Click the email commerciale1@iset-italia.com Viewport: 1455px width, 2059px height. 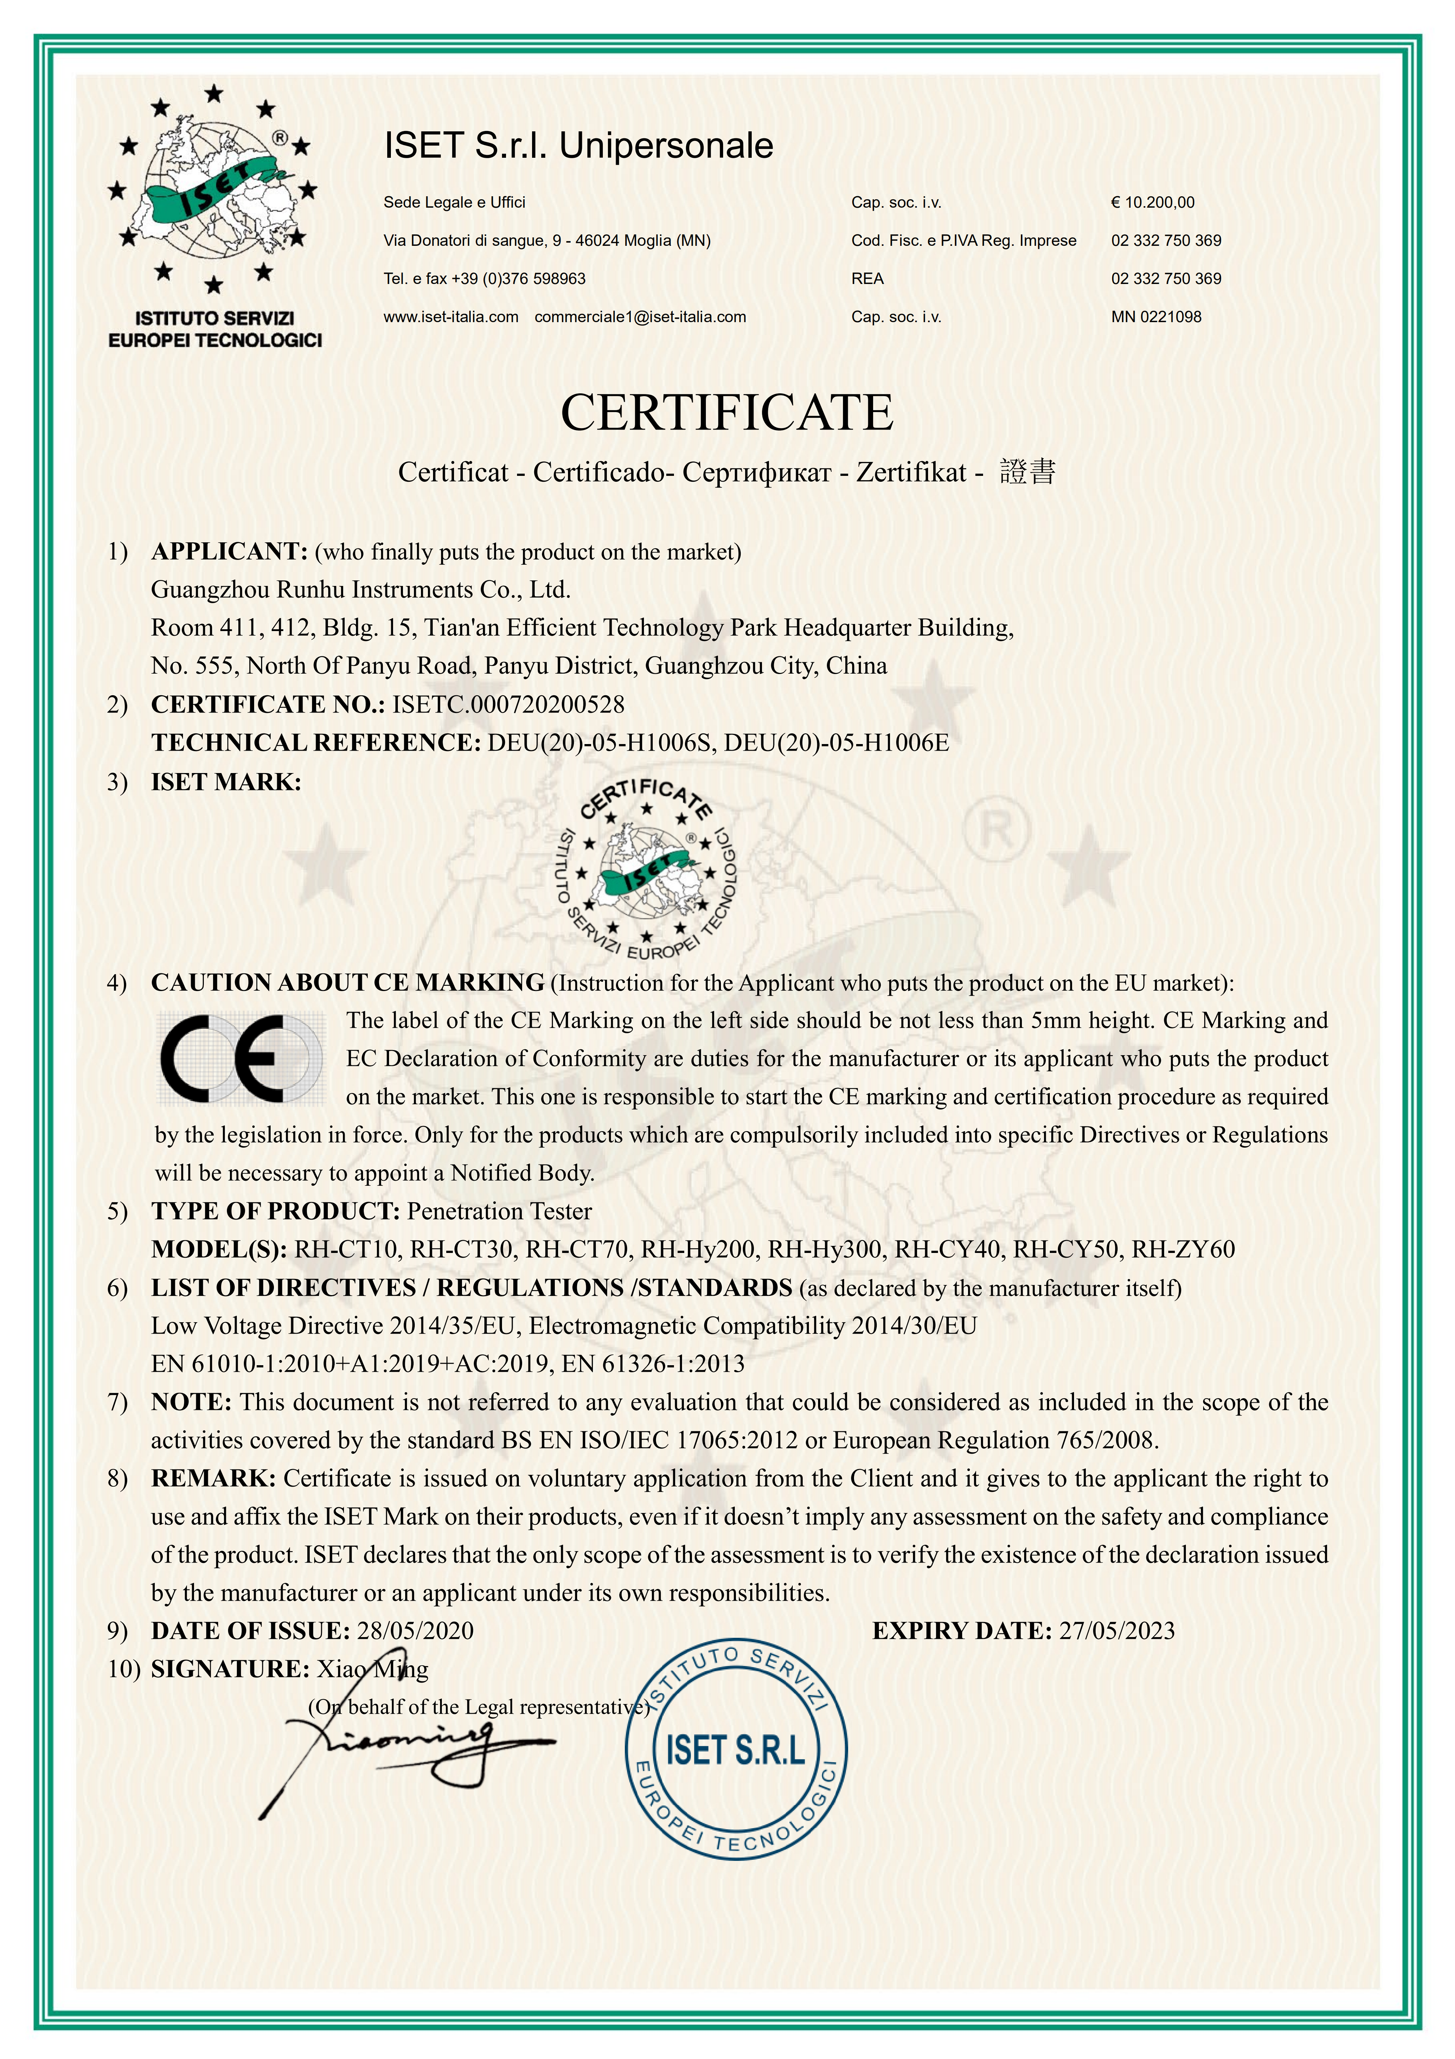640,317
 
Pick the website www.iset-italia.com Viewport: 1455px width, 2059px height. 451,317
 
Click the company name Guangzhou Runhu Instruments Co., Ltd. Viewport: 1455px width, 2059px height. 360,590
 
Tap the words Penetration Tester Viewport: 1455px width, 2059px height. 499,1211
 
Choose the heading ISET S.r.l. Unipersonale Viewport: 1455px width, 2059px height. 578,145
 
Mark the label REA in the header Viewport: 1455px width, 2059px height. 867,279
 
